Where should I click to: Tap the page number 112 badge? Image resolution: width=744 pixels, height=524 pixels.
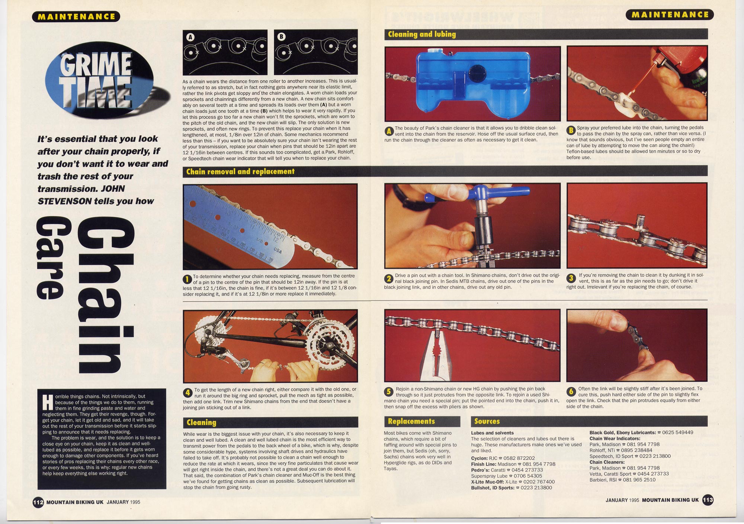click(x=38, y=502)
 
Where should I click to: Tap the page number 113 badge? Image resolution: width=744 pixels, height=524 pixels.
click(x=708, y=500)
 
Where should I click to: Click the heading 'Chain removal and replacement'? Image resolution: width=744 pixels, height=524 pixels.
click(x=240, y=171)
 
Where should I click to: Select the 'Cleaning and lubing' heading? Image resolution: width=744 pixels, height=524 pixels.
click(x=422, y=34)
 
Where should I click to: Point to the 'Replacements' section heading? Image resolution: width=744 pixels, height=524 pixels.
click(x=411, y=421)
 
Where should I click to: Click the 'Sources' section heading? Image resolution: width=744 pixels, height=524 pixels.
click(x=487, y=421)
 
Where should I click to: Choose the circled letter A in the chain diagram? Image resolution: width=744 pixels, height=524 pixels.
click(x=190, y=37)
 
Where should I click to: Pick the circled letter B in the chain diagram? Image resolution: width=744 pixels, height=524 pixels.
click(x=282, y=36)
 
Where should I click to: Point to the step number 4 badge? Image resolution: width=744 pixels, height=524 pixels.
click(x=187, y=392)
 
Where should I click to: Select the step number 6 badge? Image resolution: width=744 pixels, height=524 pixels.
click(x=571, y=391)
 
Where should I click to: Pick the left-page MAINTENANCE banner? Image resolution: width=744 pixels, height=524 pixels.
click(x=76, y=16)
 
